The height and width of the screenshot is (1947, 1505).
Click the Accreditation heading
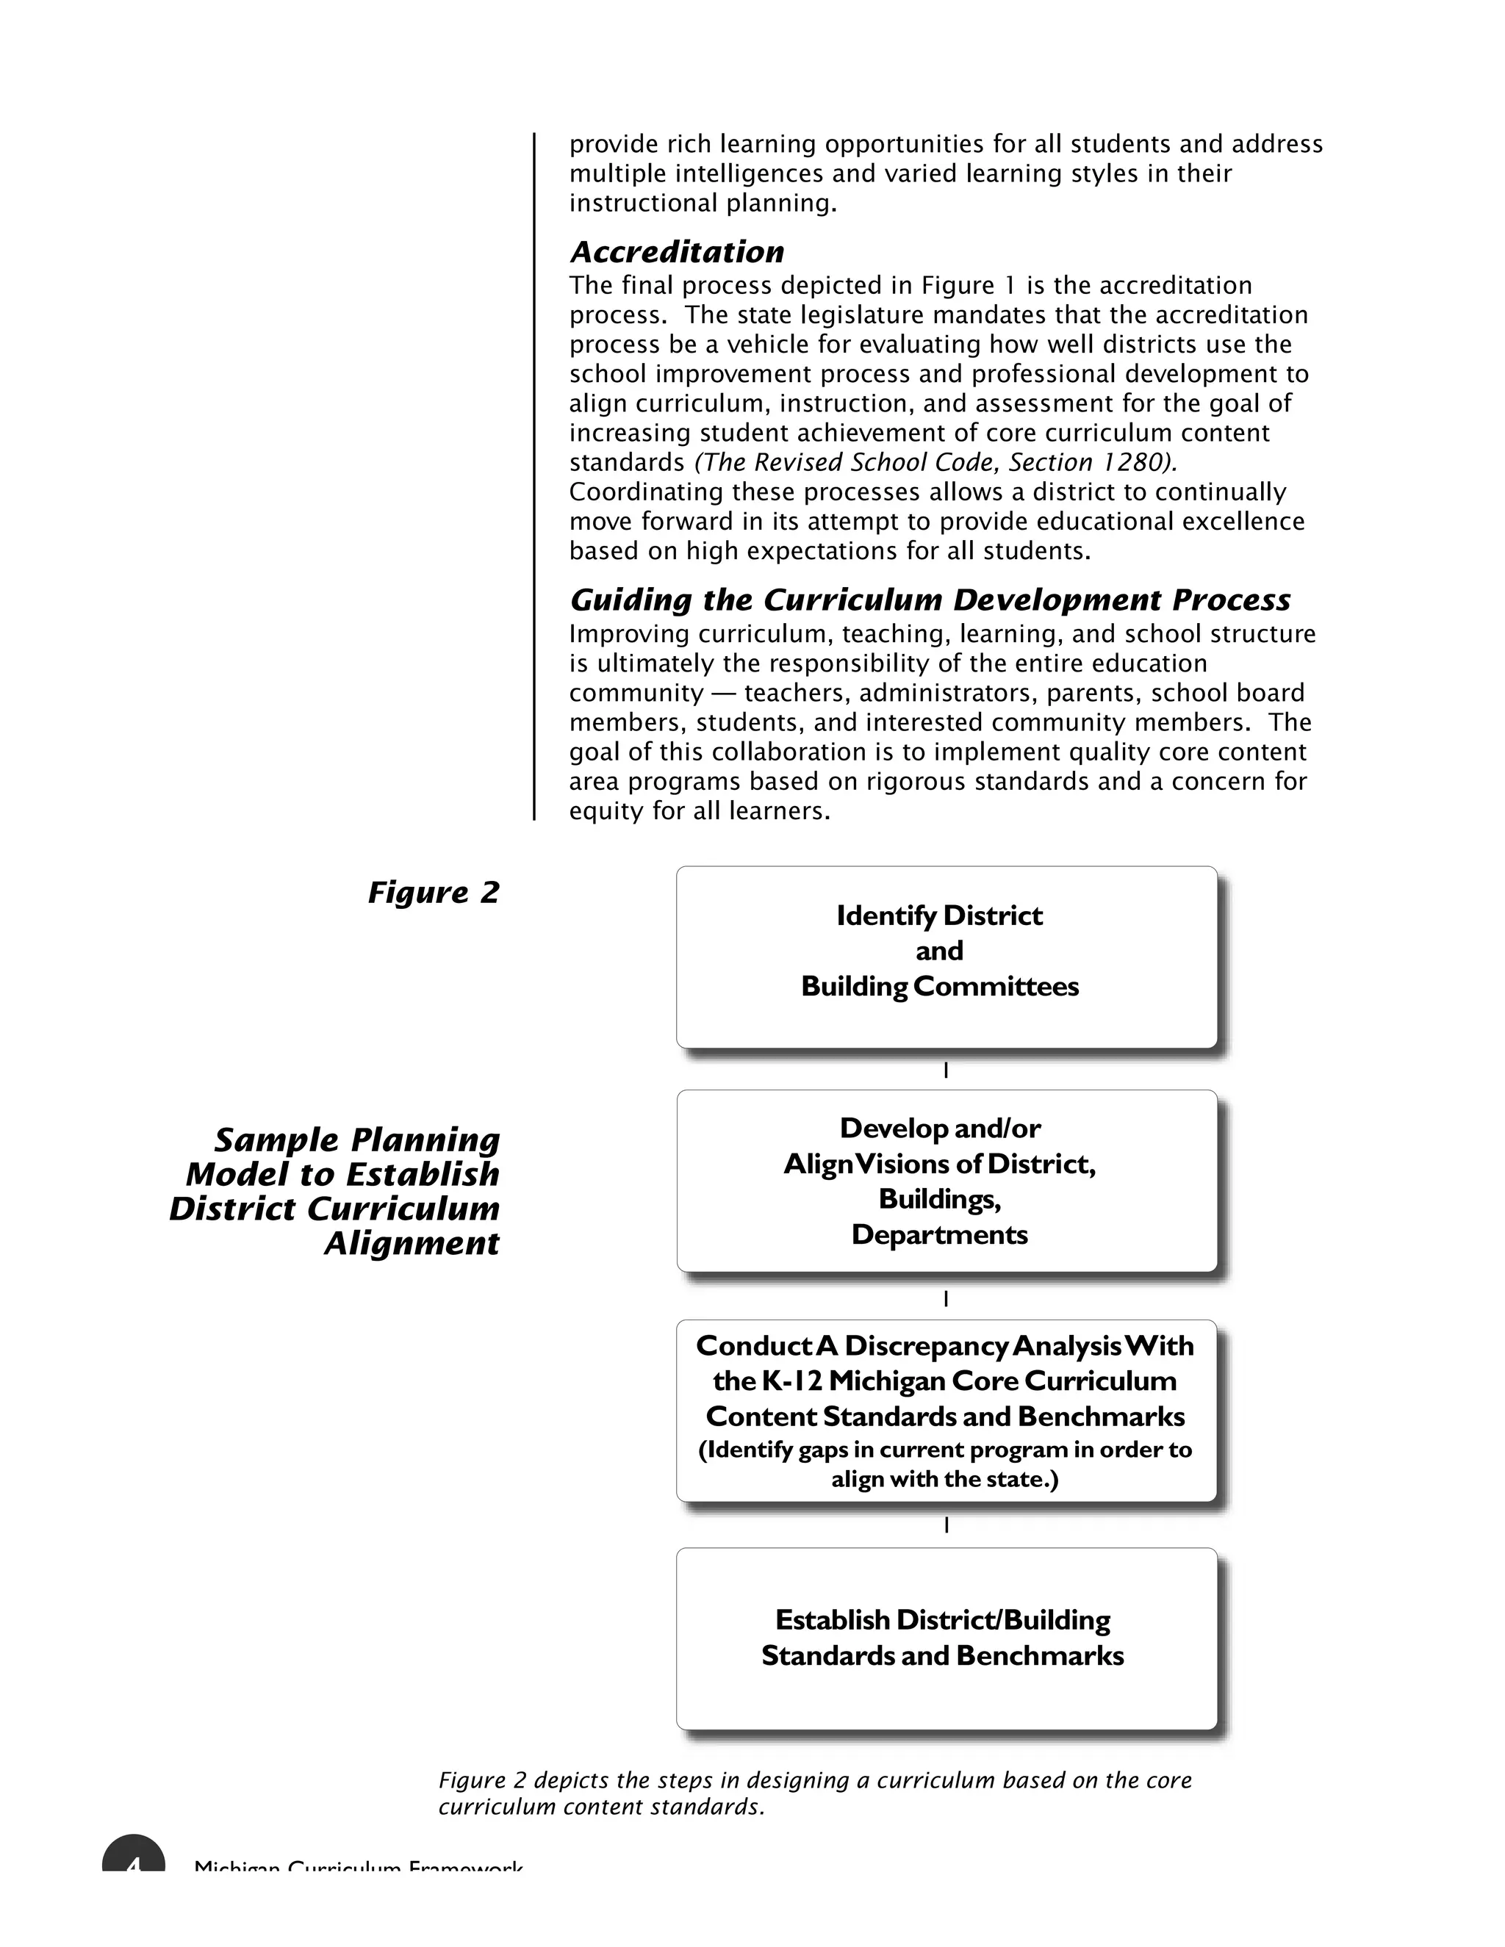677,252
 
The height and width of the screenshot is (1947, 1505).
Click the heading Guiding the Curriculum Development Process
929,600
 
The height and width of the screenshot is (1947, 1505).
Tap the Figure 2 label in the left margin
434,893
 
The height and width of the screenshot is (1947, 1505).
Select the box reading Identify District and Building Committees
945,957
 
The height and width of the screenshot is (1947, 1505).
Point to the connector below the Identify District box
945,1070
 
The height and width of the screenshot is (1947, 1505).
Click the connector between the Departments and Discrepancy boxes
945,1299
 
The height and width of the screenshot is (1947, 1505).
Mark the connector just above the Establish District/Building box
945,1525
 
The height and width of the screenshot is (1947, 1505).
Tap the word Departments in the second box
939,1235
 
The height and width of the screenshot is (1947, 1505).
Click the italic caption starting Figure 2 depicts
814,1793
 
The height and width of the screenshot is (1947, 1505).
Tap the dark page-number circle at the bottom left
134,1854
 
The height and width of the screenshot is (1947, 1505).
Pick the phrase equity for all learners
699,811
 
